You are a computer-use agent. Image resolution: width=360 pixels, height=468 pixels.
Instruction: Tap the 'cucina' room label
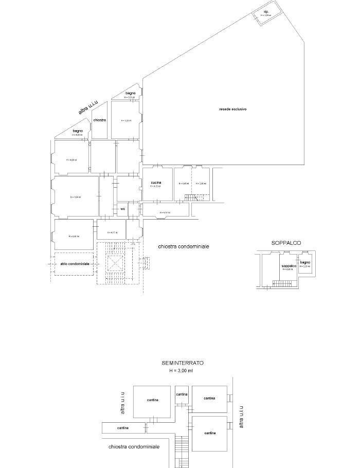(156, 183)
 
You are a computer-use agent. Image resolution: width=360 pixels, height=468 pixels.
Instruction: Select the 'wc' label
(122, 209)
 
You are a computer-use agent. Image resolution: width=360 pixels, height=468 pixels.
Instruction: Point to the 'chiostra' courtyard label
(100, 120)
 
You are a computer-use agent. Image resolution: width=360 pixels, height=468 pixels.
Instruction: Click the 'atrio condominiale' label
(75, 264)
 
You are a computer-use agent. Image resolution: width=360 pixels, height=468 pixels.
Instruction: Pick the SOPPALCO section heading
(286, 242)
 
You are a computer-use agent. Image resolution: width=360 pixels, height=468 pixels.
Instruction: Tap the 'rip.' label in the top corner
(266, 11)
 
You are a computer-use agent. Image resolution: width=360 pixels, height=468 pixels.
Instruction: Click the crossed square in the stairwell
(115, 264)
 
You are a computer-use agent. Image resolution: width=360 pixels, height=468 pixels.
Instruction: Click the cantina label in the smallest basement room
(182, 394)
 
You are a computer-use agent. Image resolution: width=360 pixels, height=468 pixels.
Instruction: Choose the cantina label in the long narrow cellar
(123, 428)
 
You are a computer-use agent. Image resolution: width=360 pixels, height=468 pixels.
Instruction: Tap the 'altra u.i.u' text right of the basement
(241, 417)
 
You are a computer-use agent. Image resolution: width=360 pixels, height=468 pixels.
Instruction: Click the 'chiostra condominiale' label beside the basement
(134, 447)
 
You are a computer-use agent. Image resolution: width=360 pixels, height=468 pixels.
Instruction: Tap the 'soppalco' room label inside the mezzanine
(288, 266)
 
